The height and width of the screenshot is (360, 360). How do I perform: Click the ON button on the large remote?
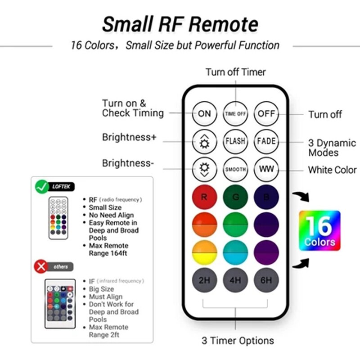204,113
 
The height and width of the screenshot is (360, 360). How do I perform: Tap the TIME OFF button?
235,113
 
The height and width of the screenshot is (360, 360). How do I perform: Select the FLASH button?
235,141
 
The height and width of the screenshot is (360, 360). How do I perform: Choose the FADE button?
266,141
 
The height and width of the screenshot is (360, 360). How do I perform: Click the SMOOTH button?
235,169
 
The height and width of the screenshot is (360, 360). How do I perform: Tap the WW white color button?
266,169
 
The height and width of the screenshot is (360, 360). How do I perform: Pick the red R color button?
204,197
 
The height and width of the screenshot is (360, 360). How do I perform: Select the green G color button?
235,197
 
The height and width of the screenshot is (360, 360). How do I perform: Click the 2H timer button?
204,280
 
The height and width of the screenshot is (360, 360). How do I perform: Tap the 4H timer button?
235,280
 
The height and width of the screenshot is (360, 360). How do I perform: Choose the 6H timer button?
266,280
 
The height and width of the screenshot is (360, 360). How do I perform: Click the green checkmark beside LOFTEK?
42,186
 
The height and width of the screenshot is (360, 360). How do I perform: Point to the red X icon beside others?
42,267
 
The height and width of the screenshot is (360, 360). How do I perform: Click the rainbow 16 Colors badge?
319,230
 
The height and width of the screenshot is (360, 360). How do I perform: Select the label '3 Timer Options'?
238,341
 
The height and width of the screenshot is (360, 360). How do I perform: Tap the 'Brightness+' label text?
129,137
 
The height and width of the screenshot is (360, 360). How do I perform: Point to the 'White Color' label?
332,170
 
